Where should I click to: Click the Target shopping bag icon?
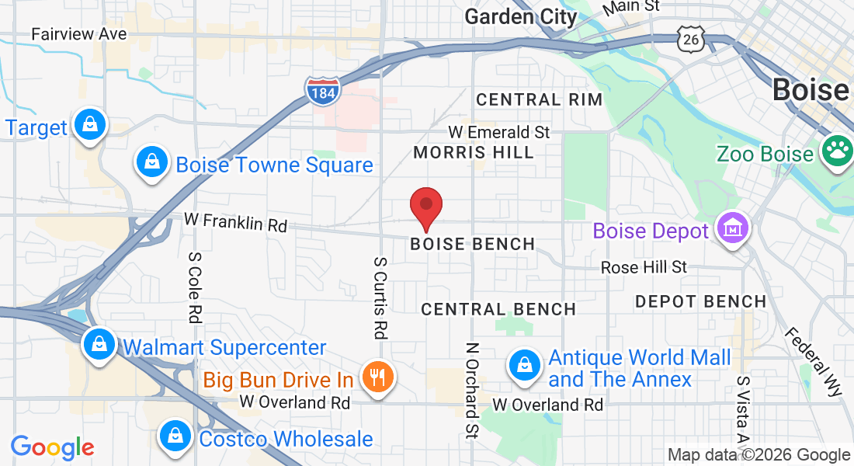(x=91, y=125)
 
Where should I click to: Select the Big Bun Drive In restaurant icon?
(x=378, y=378)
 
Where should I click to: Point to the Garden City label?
(x=521, y=16)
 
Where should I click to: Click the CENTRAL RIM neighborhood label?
(x=539, y=99)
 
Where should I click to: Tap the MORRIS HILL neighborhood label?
(x=474, y=152)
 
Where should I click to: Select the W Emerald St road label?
(x=499, y=132)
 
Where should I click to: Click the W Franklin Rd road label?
(x=235, y=222)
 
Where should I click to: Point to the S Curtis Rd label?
(x=380, y=298)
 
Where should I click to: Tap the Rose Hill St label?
(x=644, y=267)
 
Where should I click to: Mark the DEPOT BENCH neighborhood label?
(x=700, y=301)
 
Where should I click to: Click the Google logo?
(x=52, y=447)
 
